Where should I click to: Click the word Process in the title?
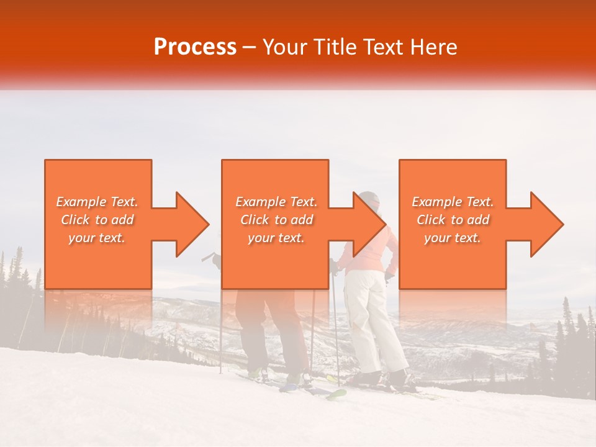(x=195, y=47)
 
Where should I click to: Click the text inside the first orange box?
(x=97, y=220)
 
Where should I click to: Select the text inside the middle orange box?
(x=276, y=220)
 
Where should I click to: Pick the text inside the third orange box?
(x=453, y=220)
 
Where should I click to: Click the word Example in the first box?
(x=81, y=202)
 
